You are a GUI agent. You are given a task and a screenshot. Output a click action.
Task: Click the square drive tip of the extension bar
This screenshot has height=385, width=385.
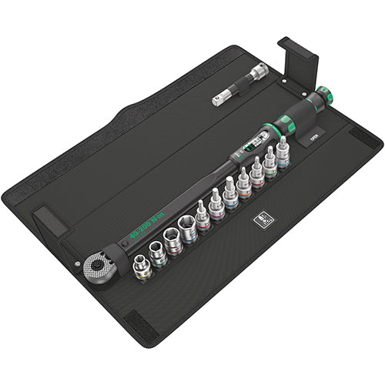(218, 101)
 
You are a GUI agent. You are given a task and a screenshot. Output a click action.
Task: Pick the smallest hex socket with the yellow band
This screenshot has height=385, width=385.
(141, 266)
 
